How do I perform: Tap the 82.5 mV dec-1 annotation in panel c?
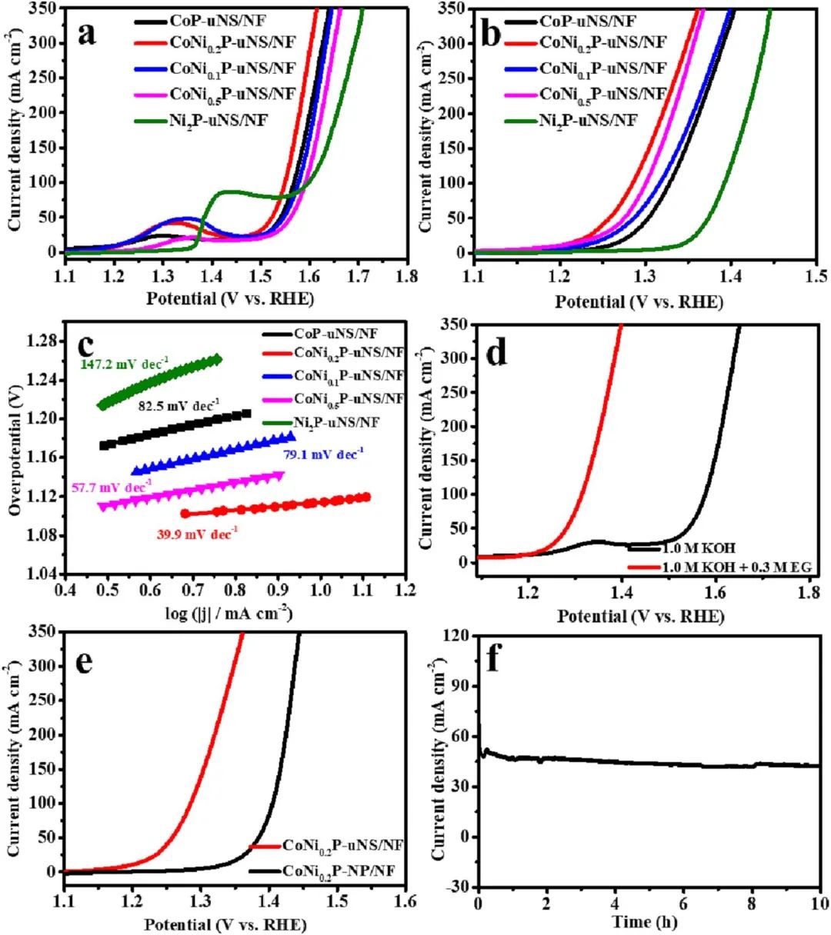point(179,401)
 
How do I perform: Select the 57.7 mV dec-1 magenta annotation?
point(112,486)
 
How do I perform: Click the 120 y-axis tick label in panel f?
point(459,636)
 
